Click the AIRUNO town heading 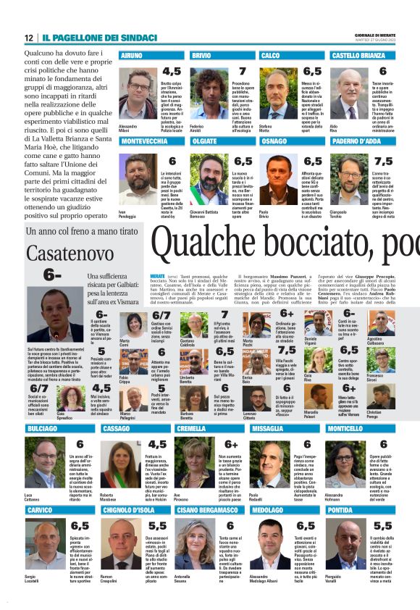pos(132,55)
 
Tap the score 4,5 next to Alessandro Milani pos(172,72)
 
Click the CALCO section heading pos(270,55)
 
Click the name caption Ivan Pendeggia pos(127,214)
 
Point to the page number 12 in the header pos(28,38)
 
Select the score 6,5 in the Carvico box pos(80,525)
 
